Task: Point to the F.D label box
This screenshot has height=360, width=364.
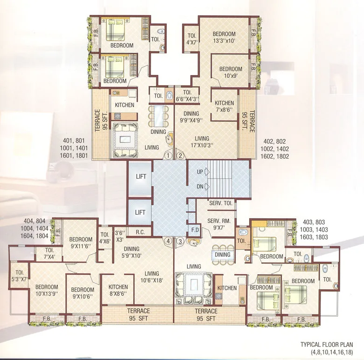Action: [194, 230]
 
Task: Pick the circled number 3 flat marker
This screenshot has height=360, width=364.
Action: [180, 241]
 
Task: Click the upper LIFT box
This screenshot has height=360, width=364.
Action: [140, 177]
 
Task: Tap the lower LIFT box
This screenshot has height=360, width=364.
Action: [140, 212]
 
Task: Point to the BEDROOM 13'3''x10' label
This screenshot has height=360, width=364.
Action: [224, 37]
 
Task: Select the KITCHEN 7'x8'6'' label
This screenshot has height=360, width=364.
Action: [224, 107]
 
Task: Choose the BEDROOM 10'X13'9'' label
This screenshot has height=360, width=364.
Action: [47, 291]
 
